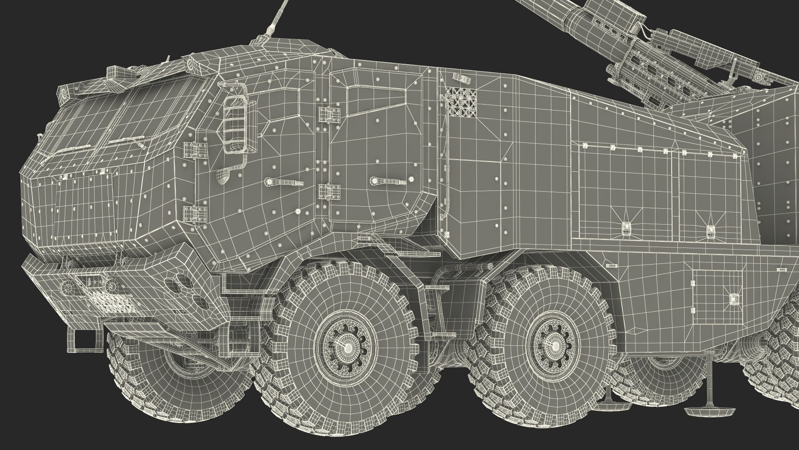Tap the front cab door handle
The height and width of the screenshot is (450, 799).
pyautogui.click(x=277, y=182)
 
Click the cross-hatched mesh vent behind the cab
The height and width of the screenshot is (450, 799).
pyautogui.click(x=461, y=102)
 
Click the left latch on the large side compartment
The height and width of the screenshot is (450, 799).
pyautogui.click(x=625, y=227)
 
